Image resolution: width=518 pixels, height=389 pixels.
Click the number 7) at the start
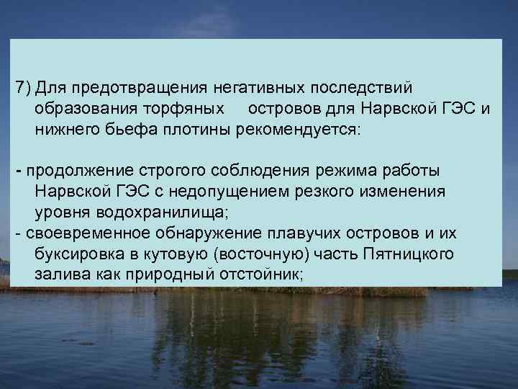(x=23, y=88)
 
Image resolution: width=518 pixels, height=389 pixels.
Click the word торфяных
(x=193, y=109)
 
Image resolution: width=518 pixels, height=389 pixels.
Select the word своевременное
(x=84, y=235)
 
